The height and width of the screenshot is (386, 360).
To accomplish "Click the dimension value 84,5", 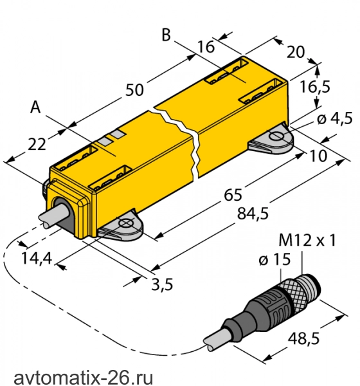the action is [253, 213].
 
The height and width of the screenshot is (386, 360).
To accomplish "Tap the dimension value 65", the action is [233, 195].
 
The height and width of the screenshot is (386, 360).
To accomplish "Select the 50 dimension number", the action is [134, 90].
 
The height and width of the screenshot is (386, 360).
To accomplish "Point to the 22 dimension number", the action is [37, 144].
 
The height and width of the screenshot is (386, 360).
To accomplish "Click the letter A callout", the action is [35, 107].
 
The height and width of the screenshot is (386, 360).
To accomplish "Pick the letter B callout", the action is [166, 35].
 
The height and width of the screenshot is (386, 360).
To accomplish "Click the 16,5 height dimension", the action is [315, 87].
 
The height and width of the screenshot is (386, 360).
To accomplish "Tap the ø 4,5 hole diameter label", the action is [335, 119].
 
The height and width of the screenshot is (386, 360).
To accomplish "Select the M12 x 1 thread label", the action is [307, 240].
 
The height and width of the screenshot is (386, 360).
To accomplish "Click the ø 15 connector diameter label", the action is [274, 260].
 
